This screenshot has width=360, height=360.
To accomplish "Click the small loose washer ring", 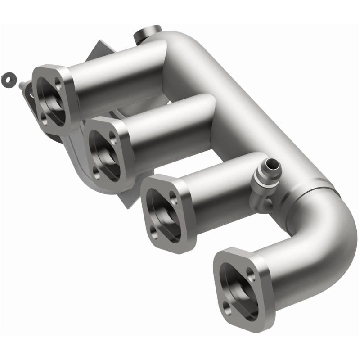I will [x=7, y=79].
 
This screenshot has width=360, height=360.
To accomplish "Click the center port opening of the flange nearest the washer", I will [x=51, y=100].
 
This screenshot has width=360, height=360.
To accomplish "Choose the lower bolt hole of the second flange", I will [x=98, y=171].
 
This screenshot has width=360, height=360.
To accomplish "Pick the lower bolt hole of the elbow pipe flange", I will [x=229, y=308].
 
